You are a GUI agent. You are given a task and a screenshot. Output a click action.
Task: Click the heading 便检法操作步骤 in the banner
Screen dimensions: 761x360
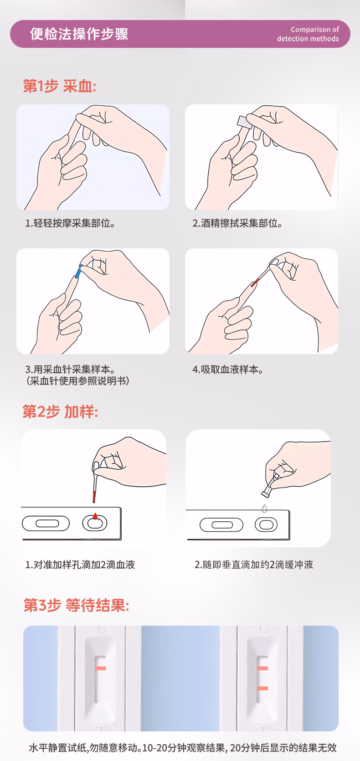click(x=79, y=34)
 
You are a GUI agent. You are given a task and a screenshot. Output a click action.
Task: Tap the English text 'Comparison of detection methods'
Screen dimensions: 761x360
click(x=308, y=34)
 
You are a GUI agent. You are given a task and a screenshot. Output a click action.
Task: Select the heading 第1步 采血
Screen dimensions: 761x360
click(x=60, y=86)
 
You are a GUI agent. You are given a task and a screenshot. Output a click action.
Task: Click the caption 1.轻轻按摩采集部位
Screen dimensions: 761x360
click(x=70, y=223)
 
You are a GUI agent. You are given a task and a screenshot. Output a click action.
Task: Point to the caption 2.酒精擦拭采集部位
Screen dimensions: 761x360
click(x=237, y=223)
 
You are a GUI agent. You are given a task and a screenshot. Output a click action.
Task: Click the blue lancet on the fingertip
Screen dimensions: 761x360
click(x=78, y=272)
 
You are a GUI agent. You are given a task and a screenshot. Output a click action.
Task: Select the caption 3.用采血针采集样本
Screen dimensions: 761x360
click(x=70, y=369)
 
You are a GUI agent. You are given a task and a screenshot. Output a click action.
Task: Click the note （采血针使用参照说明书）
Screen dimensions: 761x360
click(x=77, y=381)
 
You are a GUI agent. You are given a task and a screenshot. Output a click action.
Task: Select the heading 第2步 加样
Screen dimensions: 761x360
click(x=60, y=411)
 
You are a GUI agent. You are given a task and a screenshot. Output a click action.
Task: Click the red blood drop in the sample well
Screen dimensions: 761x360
click(x=95, y=516)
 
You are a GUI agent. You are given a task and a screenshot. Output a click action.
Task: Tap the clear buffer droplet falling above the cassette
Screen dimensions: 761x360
click(x=264, y=508)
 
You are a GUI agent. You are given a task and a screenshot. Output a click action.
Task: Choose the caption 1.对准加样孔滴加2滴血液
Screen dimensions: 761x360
click(x=80, y=565)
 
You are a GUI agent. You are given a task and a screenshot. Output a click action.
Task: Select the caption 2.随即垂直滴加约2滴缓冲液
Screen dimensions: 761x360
click(x=254, y=565)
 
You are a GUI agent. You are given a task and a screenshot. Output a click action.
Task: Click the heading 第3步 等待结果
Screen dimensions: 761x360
click(x=77, y=605)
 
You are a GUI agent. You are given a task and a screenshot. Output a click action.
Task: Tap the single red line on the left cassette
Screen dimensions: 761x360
click(x=100, y=668)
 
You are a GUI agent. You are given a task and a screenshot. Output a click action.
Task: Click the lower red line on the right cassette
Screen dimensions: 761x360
click(x=262, y=688)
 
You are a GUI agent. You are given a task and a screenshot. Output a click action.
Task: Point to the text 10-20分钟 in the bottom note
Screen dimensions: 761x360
click(x=159, y=748)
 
